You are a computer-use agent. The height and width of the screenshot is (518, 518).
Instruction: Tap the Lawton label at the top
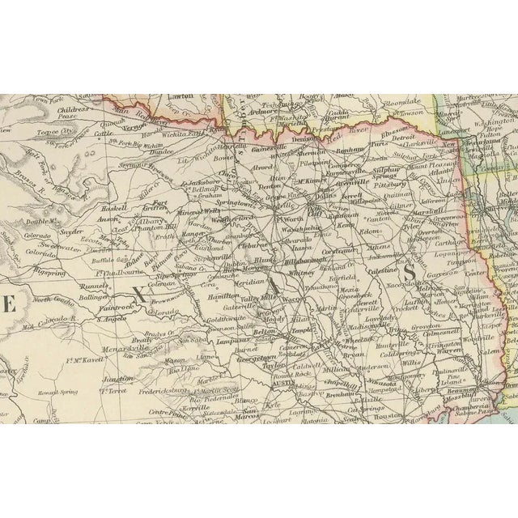pos(180,96)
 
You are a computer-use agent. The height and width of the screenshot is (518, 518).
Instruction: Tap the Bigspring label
pos(51,264)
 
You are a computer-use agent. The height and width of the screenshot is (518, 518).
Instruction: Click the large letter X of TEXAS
pos(138,296)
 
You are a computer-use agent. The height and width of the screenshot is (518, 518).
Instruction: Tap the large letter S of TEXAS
pos(410,274)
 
